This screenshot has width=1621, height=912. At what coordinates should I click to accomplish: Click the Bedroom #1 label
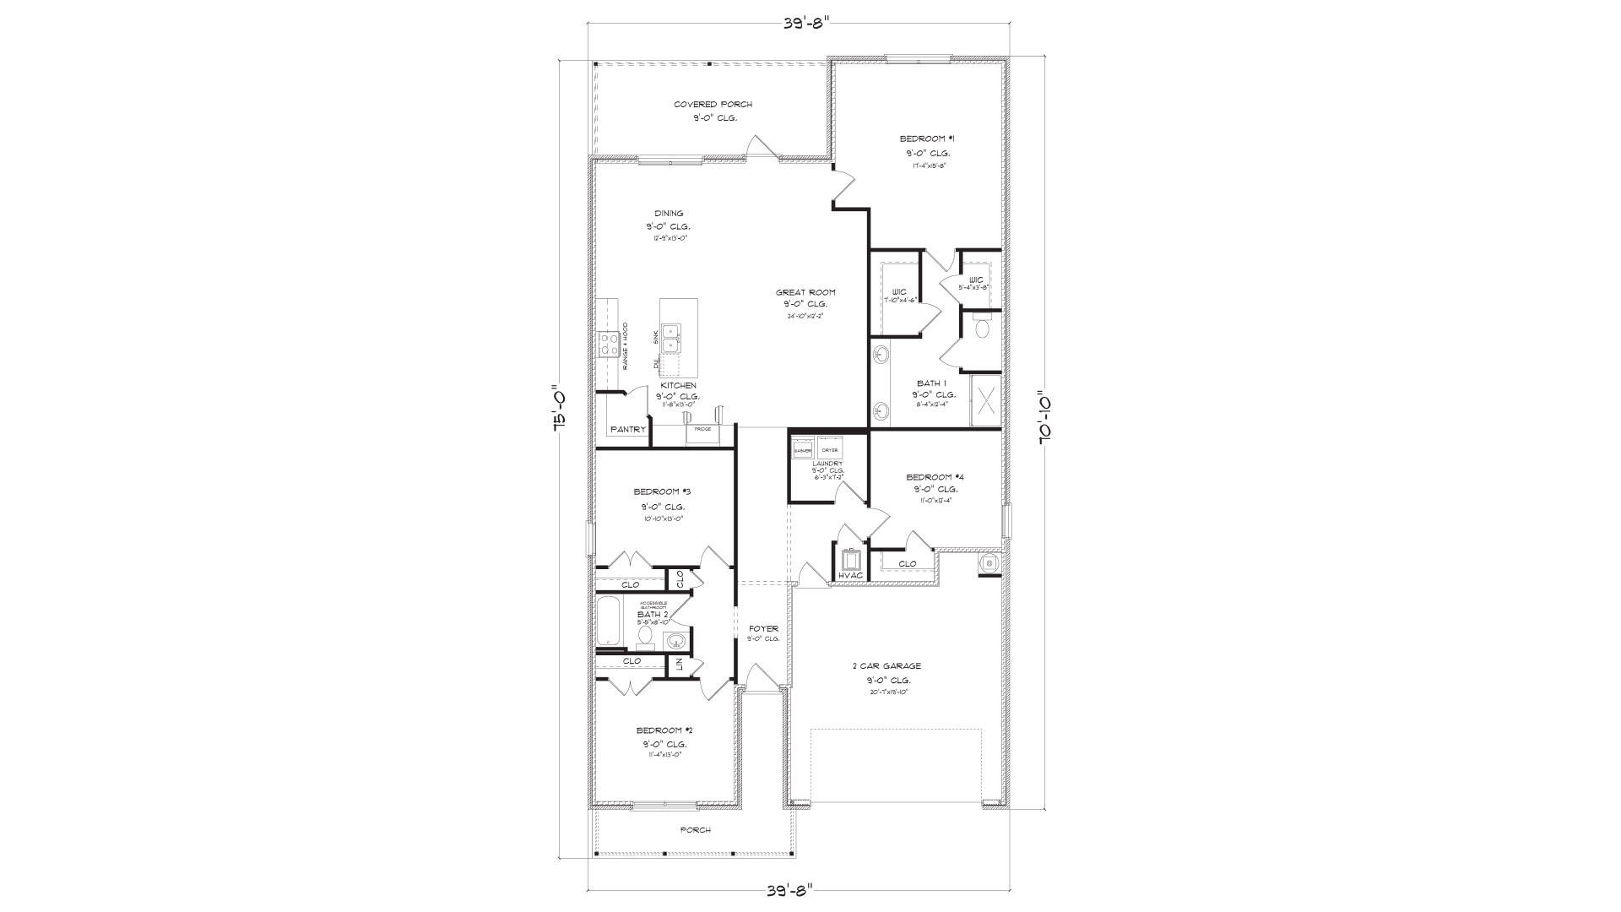point(927,138)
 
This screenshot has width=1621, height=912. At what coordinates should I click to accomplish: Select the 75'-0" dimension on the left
point(558,410)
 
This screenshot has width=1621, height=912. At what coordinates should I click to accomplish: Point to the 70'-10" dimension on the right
point(1044,416)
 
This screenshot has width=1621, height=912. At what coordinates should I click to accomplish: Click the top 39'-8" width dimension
point(797,23)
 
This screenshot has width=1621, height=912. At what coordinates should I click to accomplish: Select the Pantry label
point(628,430)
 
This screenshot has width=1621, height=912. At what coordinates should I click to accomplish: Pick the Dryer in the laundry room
point(829,448)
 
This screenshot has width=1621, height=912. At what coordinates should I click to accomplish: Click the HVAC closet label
point(851,576)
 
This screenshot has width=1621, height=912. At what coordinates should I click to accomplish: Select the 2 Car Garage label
point(886,665)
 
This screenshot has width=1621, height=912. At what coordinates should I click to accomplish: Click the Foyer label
point(763,628)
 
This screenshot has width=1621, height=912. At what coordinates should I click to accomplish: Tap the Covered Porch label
point(713,105)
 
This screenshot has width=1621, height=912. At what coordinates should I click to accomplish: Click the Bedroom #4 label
point(935,476)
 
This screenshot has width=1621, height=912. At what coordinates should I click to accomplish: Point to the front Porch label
point(696,830)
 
